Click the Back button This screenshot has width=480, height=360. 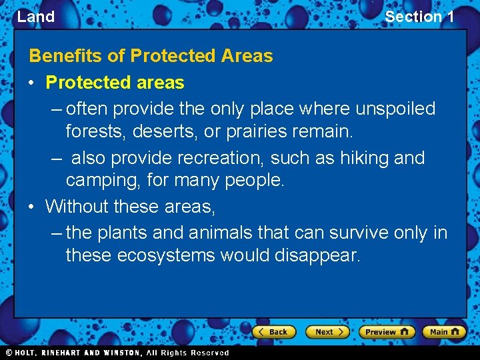273,332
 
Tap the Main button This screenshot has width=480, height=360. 445,332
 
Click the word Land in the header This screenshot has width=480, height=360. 36,17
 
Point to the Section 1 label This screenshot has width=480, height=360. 419,17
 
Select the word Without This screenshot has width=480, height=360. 77,207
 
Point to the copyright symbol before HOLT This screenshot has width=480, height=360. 9,353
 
